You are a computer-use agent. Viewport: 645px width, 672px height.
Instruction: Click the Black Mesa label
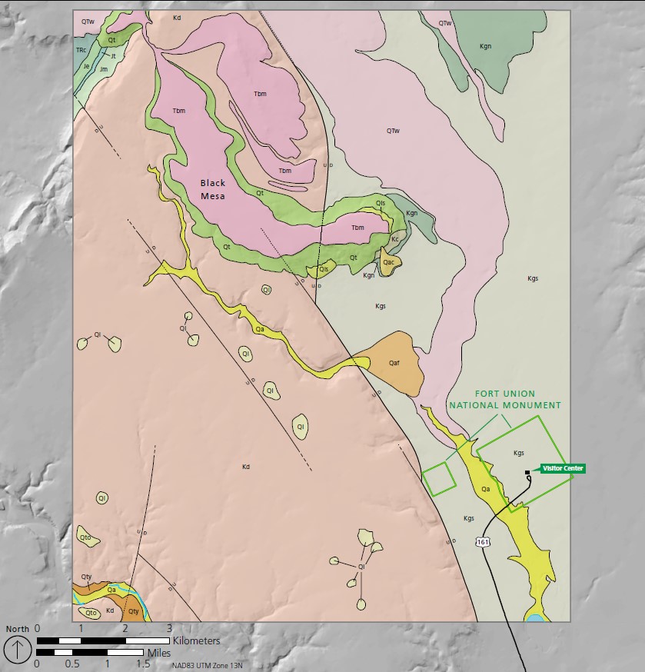click(213, 189)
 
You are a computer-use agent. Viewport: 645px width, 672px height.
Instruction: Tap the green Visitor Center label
click(563, 468)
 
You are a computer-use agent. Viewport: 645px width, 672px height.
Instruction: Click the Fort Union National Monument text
click(505, 399)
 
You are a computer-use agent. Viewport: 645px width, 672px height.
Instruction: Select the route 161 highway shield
click(483, 542)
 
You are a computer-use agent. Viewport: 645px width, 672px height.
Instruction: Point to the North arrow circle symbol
click(18, 648)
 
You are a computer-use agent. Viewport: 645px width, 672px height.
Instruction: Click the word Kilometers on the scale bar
click(196, 640)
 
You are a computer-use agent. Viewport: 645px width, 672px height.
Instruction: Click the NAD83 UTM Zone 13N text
click(211, 665)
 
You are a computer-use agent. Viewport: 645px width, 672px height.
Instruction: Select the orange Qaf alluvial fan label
click(394, 362)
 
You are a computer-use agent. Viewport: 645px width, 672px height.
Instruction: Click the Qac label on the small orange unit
click(389, 261)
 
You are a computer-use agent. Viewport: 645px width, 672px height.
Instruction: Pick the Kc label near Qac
click(395, 239)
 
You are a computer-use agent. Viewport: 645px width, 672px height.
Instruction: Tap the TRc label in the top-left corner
click(81, 50)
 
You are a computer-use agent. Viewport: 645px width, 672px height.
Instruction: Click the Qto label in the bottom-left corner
click(91, 613)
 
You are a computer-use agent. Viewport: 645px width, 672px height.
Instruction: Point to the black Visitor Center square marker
click(527, 472)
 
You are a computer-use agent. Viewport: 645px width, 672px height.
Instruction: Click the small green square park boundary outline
click(438, 478)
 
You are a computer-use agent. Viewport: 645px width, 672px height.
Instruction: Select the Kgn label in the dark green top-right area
click(485, 46)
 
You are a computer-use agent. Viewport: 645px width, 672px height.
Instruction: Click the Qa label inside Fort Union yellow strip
click(485, 488)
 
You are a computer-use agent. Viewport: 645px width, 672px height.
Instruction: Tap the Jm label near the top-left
click(103, 69)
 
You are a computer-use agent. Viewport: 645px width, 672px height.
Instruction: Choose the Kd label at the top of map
click(177, 16)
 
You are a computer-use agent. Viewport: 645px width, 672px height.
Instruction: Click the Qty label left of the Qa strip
click(86, 577)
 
